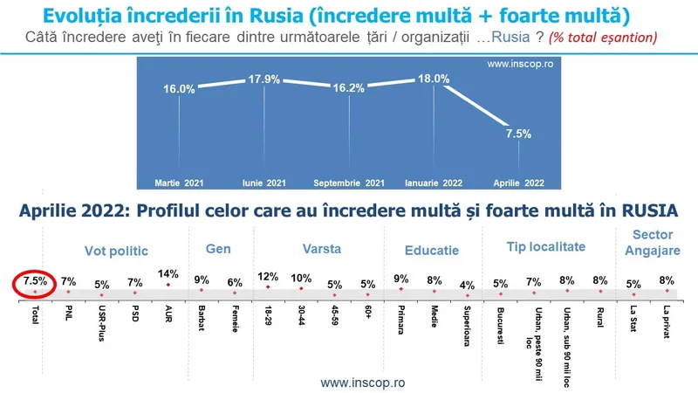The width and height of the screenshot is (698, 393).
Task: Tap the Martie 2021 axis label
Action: [180, 183]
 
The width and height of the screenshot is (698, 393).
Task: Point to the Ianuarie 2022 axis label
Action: [435, 183]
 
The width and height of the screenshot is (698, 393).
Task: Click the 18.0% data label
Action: [433, 79]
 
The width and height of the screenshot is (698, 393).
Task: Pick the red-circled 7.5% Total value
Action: [35, 282]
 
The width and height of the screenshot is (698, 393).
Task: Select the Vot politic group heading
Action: [117, 250]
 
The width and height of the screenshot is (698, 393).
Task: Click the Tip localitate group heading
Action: [545, 248]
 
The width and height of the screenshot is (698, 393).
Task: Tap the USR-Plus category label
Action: [101, 321]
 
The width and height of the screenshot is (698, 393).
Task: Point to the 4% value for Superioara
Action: [467, 284]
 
